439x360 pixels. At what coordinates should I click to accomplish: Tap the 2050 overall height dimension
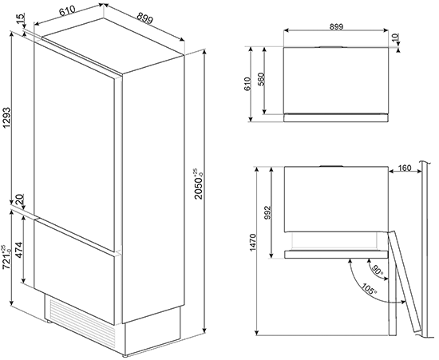[199, 184]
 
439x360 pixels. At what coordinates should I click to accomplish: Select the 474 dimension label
[18, 250]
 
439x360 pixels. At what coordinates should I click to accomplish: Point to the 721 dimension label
[6, 257]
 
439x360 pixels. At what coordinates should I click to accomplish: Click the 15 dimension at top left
[22, 18]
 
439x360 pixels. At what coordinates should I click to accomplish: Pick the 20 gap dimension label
[20, 200]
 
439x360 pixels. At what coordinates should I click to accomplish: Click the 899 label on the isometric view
[145, 19]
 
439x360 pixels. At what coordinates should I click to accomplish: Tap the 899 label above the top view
[336, 26]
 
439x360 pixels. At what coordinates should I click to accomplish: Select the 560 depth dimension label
[261, 81]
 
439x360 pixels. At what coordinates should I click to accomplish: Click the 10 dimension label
[395, 38]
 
